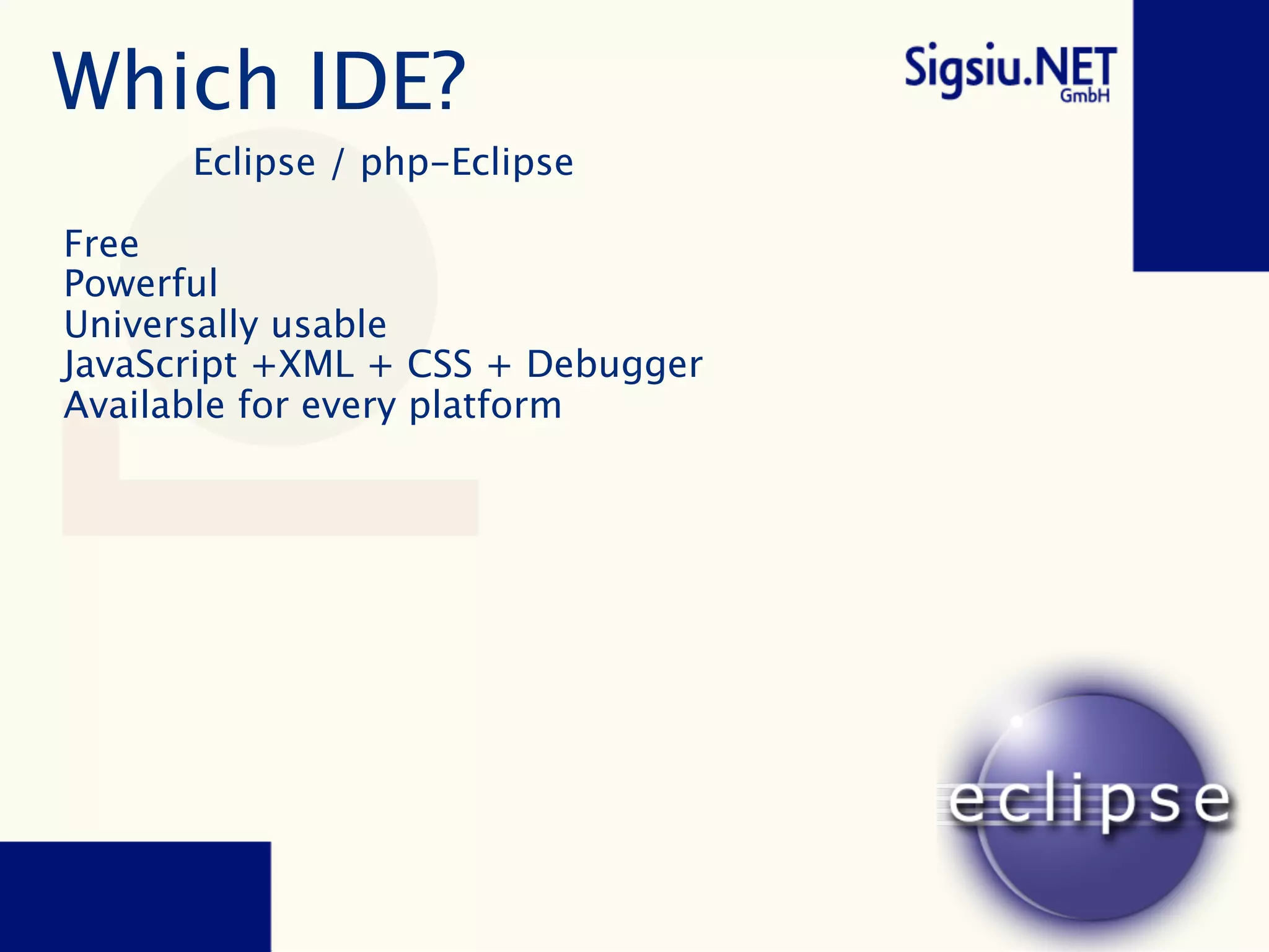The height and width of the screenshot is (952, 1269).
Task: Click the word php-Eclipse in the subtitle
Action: tap(467, 164)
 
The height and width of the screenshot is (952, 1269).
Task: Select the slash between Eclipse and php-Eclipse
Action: tap(337, 164)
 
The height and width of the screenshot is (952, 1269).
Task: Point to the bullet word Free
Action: tap(102, 244)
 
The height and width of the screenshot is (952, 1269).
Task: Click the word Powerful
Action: tap(141, 284)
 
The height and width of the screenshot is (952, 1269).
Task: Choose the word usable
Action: tap(329, 325)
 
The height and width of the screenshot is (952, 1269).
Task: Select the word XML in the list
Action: tap(316, 364)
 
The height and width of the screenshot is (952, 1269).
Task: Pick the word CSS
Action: tap(439, 364)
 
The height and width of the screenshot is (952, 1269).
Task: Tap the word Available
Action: tap(144, 405)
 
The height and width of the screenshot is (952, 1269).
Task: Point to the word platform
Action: tap(486, 407)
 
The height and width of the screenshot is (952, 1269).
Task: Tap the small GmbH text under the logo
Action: tap(1084, 96)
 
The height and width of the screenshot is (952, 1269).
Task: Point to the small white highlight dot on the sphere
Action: tap(1017, 721)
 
